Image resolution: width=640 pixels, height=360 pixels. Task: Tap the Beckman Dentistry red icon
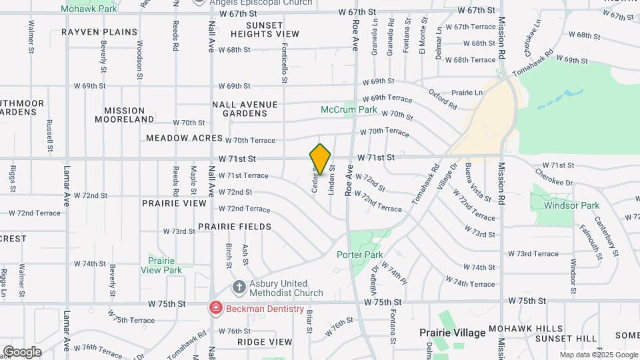[216, 308]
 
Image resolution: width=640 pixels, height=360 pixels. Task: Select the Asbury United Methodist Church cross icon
[238, 287]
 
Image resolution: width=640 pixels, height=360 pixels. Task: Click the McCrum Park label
[349, 109]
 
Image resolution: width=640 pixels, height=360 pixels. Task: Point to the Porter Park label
[359, 255]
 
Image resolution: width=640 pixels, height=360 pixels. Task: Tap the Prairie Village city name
[451, 332]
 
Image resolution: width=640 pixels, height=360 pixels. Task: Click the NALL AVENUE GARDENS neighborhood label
[244, 109]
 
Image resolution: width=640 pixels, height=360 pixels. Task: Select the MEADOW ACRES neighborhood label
[184, 138]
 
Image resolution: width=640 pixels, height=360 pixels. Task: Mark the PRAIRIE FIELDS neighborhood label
[234, 227]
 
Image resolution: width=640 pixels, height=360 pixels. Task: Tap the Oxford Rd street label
[443, 99]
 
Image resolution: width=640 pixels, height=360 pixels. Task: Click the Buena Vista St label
[478, 182]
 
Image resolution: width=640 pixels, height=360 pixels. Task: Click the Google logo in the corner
[22, 351]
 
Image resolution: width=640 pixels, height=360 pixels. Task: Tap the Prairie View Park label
[161, 265]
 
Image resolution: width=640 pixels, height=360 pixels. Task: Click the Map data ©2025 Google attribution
[598, 355]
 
